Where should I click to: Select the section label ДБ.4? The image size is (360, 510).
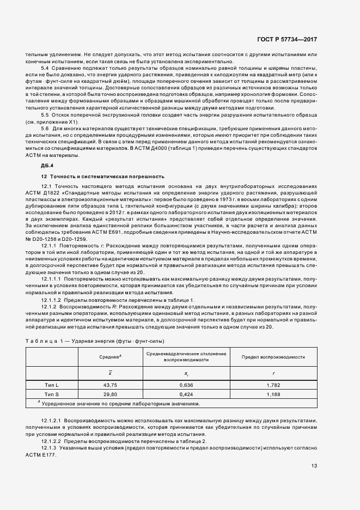point(47,165)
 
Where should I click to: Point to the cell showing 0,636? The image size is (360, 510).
point(186,385)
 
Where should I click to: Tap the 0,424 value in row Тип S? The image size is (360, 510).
point(186,394)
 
